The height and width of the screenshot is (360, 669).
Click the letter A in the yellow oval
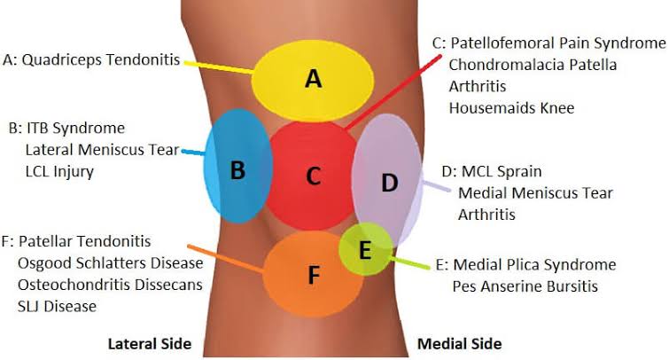pyautogui.click(x=313, y=79)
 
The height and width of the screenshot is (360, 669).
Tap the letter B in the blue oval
pyautogui.click(x=237, y=169)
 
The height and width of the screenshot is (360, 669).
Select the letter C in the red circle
pyautogui.click(x=314, y=176)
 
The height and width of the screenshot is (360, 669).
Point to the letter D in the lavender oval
pyautogui.click(x=389, y=183)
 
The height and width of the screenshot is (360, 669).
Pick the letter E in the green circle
pyautogui.click(x=365, y=250)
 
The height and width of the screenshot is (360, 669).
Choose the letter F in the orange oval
pyautogui.click(x=314, y=275)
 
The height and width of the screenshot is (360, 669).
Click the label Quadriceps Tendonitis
pyautogui.click(x=101, y=59)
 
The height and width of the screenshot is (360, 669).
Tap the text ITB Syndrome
pyautogui.click(x=75, y=128)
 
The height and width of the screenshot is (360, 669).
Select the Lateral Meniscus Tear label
pyautogui.click(x=102, y=150)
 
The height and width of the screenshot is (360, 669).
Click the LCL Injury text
pyautogui.click(x=59, y=171)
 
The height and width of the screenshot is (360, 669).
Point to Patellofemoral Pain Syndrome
pyautogui.click(x=558, y=43)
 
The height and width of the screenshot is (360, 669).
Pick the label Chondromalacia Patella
pyautogui.click(x=533, y=65)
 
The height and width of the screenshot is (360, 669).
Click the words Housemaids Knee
pyautogui.click(x=511, y=107)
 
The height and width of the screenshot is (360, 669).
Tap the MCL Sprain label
pyautogui.click(x=502, y=171)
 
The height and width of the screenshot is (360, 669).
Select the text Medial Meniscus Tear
pyautogui.click(x=535, y=192)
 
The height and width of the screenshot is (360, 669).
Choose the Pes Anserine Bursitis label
pyautogui.click(x=525, y=286)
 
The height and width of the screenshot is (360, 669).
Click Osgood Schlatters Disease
pyautogui.click(x=110, y=263)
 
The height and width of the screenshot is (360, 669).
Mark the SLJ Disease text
pyautogui.click(x=57, y=306)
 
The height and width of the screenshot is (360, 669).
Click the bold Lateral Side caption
pyautogui.click(x=150, y=344)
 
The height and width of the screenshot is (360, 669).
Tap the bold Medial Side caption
pyautogui.click(x=460, y=344)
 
